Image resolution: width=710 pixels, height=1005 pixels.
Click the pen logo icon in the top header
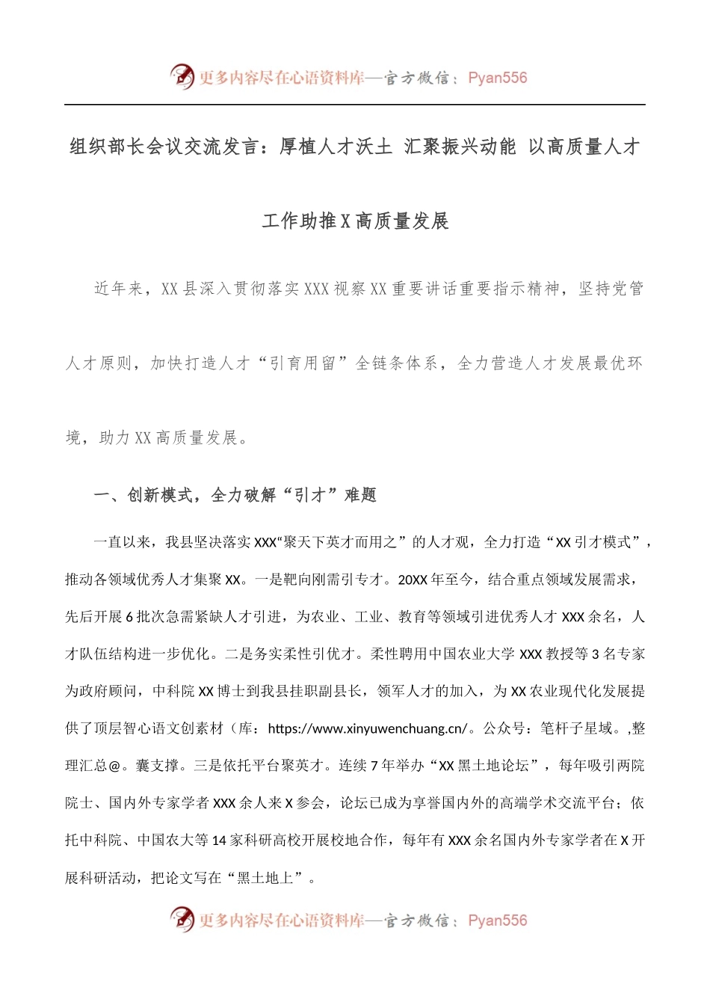[x=182, y=76]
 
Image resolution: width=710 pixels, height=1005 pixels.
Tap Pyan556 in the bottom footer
[x=497, y=921]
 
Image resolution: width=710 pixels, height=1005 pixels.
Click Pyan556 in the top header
[x=497, y=78]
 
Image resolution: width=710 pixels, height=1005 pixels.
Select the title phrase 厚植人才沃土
[x=336, y=147]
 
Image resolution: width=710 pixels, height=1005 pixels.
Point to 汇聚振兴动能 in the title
[x=460, y=147]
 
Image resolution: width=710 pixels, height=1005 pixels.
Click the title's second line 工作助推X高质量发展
[x=355, y=221]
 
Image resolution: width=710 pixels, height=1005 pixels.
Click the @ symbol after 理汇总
[x=114, y=766]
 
